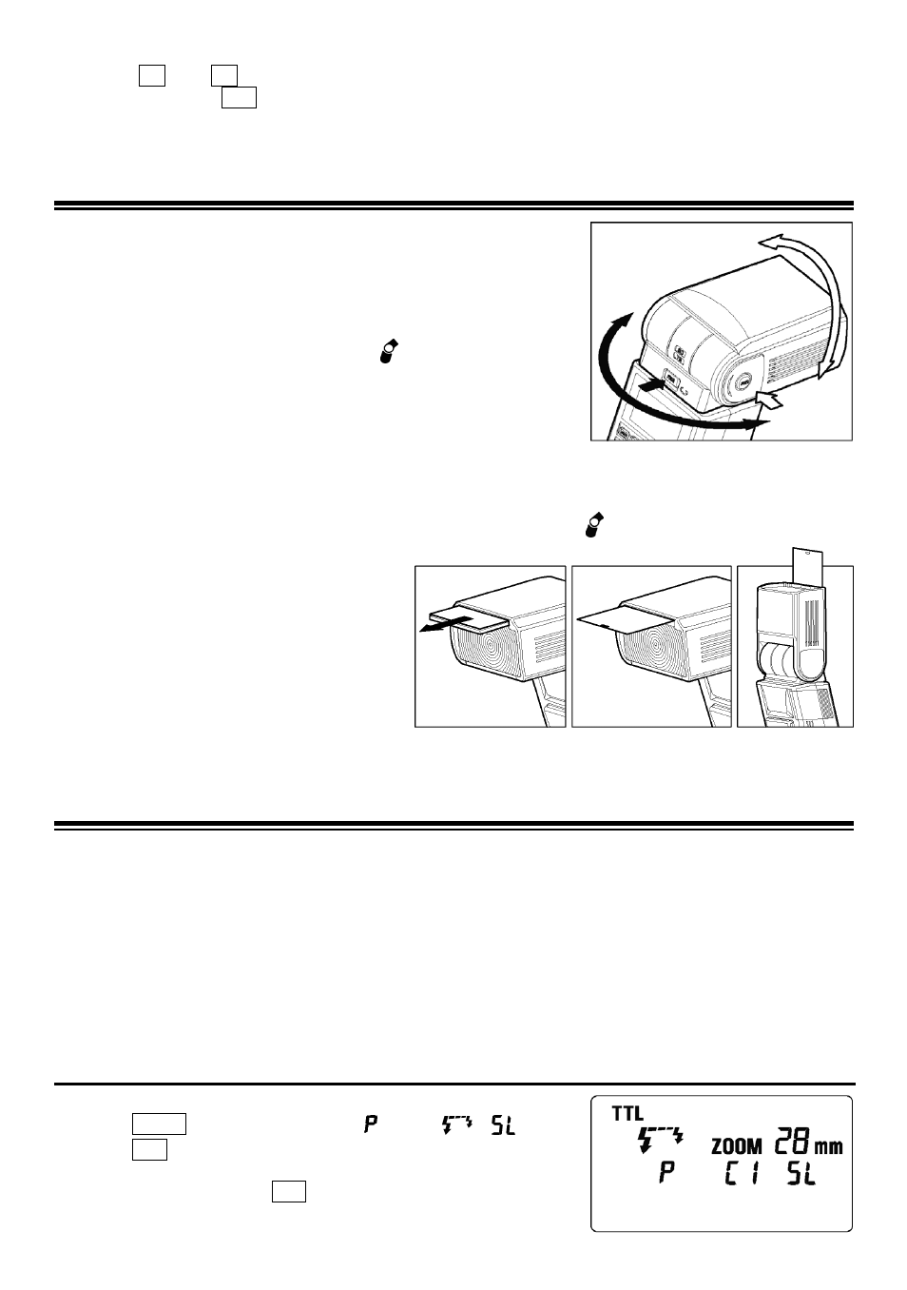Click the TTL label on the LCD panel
pyautogui.click(x=627, y=1114)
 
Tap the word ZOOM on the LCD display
pyautogui.click(x=737, y=1146)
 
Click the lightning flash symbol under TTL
pyautogui.click(x=662, y=1140)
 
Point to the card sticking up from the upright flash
pyautogui.click(x=808, y=568)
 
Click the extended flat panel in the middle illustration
pyautogui.click(x=623, y=619)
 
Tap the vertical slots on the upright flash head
pyautogui.click(x=812, y=623)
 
